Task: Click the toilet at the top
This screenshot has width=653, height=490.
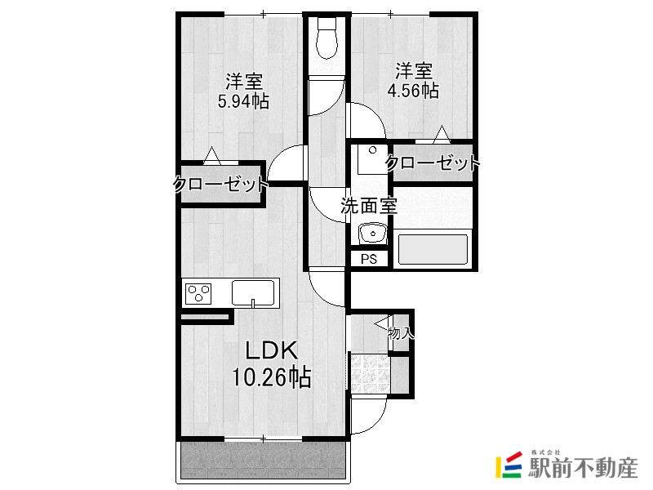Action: pos(326,38)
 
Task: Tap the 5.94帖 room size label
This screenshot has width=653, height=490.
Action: pos(243,101)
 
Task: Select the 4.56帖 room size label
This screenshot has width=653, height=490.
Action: pos(413,91)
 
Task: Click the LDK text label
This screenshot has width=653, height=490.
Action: pos(272,351)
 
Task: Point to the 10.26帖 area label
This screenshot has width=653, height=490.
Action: pos(271,377)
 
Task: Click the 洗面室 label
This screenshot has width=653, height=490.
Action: pos(369,205)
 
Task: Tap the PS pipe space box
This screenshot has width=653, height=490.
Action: pos(369,259)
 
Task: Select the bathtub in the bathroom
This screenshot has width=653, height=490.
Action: pos(433,249)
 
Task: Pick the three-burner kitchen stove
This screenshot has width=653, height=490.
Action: pos(198,294)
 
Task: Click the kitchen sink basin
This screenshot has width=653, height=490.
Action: pos(253,293)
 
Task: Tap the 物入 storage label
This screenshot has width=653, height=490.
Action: pos(401,333)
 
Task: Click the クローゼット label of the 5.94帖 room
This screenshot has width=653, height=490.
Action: pos(220,185)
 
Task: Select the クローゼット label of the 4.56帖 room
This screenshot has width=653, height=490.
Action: pos(433,163)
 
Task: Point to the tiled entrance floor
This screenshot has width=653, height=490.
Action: pos(370,374)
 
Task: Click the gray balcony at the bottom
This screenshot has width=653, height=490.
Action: pos(263,460)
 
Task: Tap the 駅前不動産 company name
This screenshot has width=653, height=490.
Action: pos(583,468)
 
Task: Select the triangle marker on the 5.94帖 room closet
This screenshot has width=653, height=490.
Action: pos(212,155)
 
